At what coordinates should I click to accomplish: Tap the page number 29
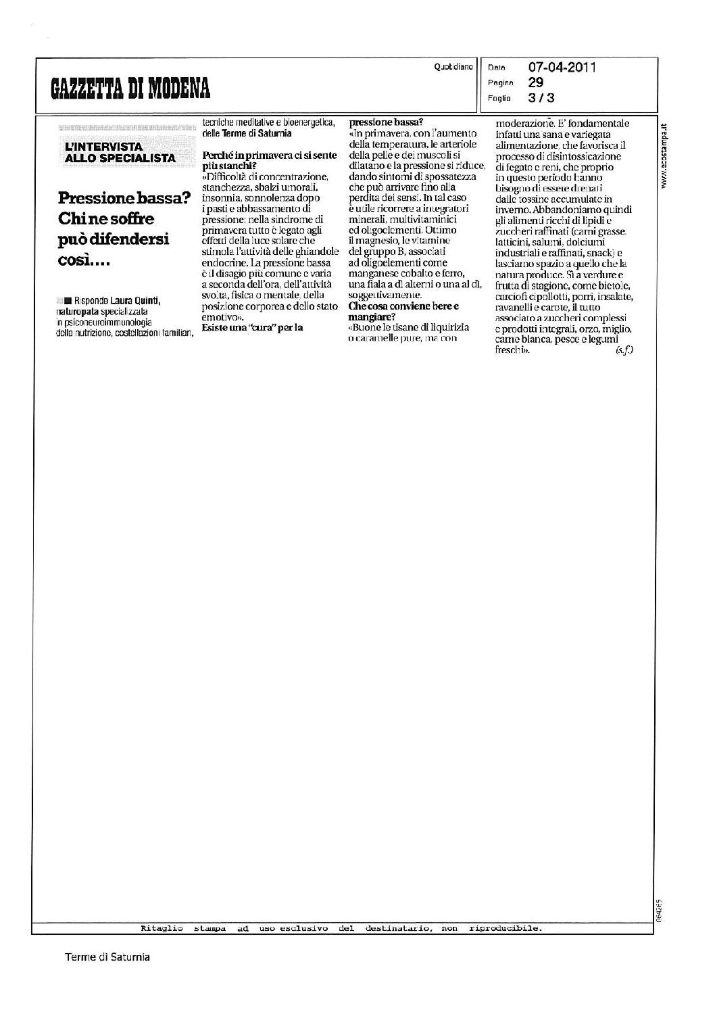click(536, 82)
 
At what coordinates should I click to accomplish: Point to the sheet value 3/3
click(541, 97)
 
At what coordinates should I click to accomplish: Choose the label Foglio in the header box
click(499, 98)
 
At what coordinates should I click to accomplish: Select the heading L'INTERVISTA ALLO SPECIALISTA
click(118, 152)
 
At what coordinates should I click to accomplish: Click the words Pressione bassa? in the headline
click(124, 198)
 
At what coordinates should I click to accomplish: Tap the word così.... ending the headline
click(84, 262)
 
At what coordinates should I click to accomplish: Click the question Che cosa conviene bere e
click(403, 306)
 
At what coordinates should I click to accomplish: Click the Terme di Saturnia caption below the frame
click(107, 957)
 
